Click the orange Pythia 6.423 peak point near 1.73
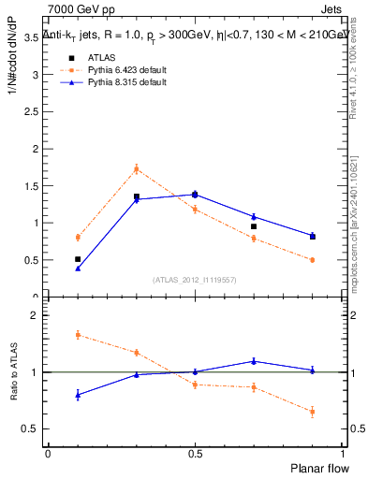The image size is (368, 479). tap(137, 169)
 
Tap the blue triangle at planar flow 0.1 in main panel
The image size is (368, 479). tap(78, 269)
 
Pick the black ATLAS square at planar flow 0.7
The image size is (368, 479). tap(254, 226)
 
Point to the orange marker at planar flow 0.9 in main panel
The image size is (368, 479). tap(313, 260)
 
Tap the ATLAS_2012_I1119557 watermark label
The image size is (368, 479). tap(195, 280)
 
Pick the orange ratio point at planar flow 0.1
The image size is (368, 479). tap(78, 334)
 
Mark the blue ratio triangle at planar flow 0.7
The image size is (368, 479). tap(254, 361)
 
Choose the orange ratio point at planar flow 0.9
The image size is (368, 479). tap(313, 411)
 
